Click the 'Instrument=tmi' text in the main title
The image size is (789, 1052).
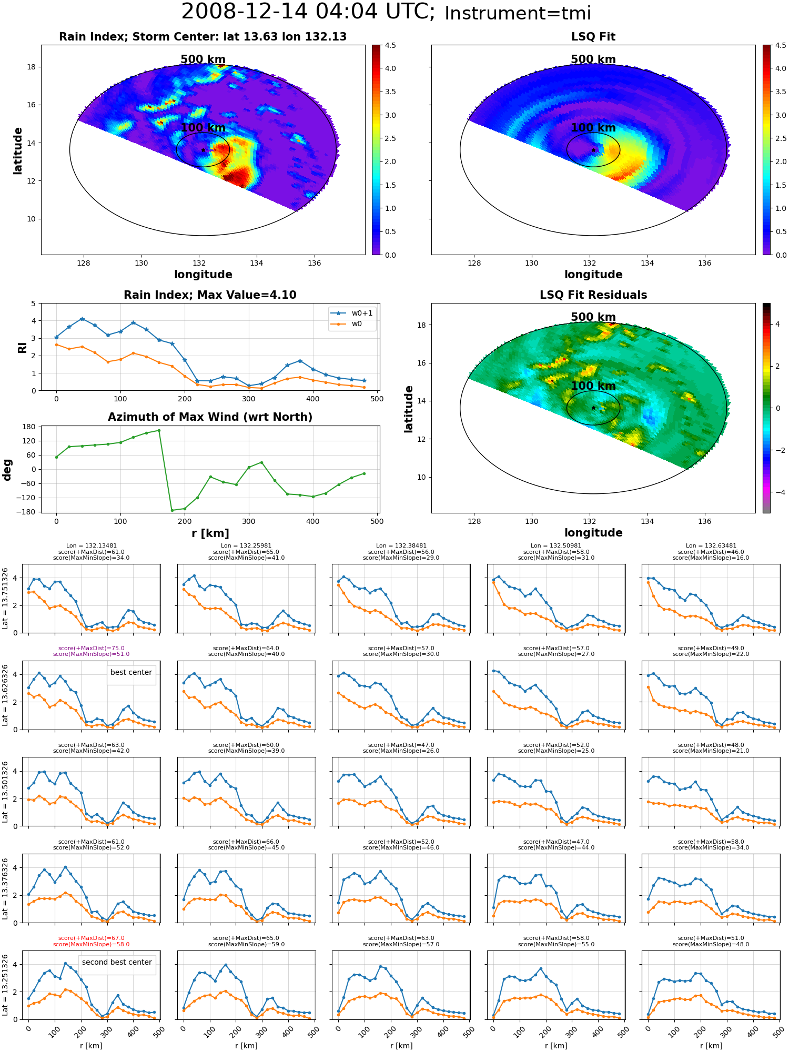tap(518, 14)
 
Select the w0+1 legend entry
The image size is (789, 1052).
tap(352, 313)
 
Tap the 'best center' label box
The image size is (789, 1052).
tap(131, 672)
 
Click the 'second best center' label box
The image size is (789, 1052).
tap(117, 962)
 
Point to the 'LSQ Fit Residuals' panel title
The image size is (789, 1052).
tap(593, 295)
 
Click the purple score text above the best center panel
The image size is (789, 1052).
tap(92, 651)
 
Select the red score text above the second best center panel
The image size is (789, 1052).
tap(92, 941)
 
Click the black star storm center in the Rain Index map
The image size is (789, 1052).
tap(203, 150)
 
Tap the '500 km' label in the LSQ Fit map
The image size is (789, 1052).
tap(593, 59)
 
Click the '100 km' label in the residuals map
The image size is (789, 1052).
tap(593, 386)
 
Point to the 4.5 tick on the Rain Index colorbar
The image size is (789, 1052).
tap(390, 45)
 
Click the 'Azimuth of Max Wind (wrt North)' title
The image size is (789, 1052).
tap(210, 417)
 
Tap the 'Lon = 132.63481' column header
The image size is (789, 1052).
tap(711, 546)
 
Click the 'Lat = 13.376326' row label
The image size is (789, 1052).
tap(5, 889)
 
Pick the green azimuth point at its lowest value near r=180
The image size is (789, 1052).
tap(172, 510)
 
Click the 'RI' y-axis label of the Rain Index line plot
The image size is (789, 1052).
tap(22, 348)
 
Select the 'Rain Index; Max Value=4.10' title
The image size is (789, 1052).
tap(210, 295)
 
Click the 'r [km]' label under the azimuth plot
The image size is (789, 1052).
tap(210, 533)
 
